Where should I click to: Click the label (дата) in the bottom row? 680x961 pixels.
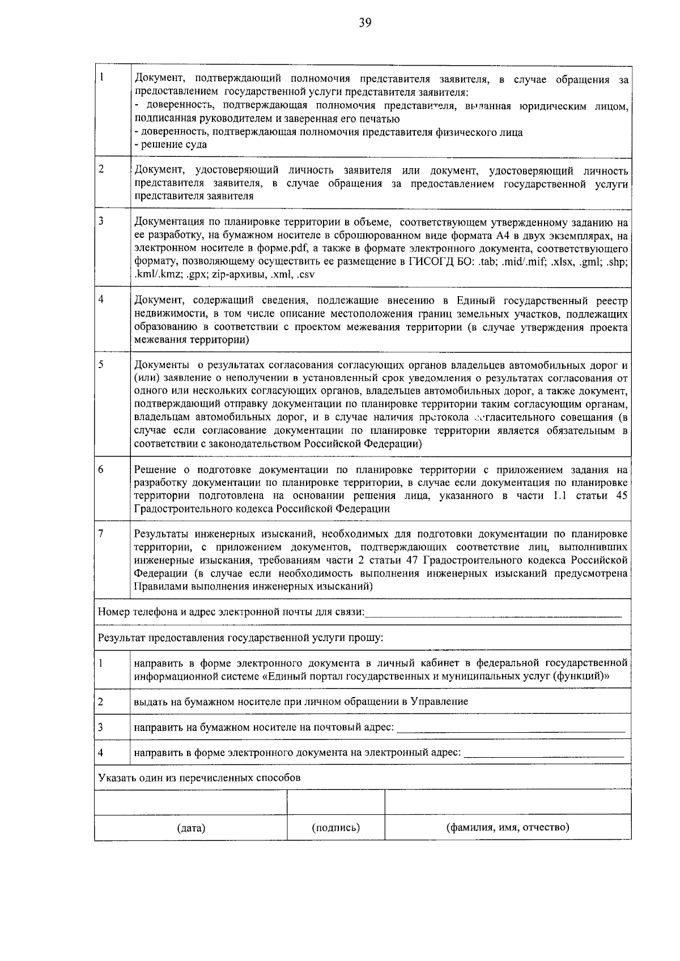(x=191, y=828)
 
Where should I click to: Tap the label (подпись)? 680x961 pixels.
(x=336, y=827)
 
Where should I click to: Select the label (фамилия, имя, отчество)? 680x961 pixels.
(x=508, y=827)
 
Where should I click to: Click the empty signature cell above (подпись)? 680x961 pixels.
(x=336, y=802)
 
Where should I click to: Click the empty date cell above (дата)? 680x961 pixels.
(x=191, y=802)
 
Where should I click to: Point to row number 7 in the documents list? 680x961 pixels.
(x=101, y=533)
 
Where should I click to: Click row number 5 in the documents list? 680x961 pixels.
(x=101, y=365)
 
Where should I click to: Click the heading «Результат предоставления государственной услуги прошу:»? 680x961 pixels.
(x=240, y=638)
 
